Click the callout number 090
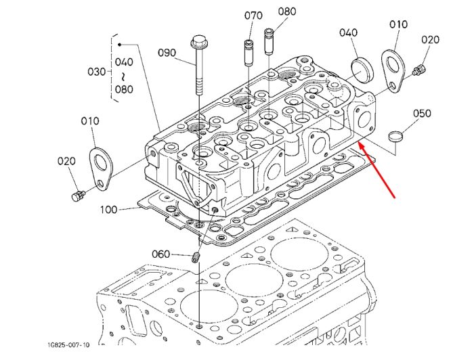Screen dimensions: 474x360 (167, 53)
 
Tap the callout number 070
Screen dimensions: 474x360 (253, 16)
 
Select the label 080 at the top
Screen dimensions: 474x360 (287, 12)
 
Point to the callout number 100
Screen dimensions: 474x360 (108, 209)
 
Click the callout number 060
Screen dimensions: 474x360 (161, 254)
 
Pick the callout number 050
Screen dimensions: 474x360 (422, 113)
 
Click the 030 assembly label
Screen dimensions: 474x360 (96, 72)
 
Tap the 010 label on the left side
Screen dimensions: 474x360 (90, 121)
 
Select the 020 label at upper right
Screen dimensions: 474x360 (430, 39)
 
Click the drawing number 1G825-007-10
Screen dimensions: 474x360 (68, 344)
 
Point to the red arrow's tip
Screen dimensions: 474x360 (358, 141)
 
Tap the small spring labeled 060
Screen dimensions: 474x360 (196, 258)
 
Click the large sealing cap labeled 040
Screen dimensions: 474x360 (362, 70)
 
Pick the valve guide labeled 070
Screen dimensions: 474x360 (248, 53)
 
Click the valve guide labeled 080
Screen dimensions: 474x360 (269, 41)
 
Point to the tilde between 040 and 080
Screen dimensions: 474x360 (123, 76)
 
